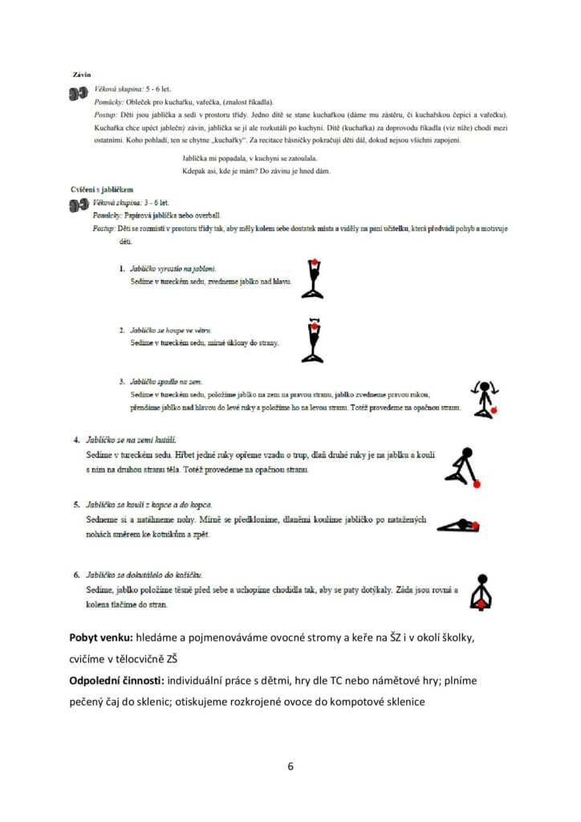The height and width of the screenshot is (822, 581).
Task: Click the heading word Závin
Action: (80, 75)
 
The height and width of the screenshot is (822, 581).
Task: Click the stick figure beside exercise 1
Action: (312, 279)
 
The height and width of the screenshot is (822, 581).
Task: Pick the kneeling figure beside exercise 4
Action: (463, 466)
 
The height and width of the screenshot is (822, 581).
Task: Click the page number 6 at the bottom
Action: (290, 766)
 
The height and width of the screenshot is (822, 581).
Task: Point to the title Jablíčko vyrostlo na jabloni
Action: (173, 267)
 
